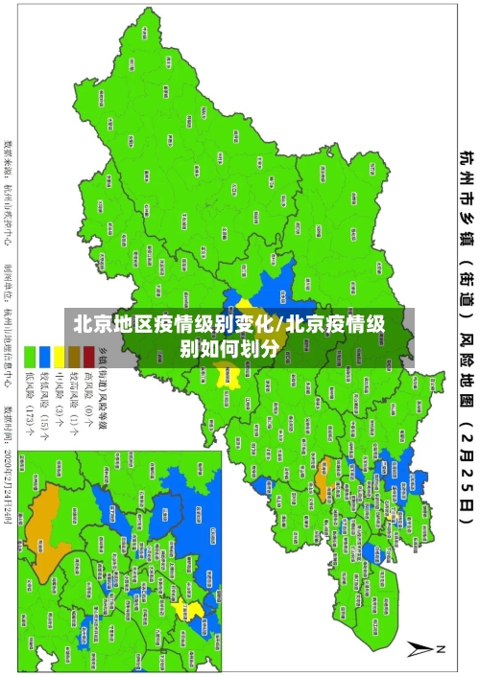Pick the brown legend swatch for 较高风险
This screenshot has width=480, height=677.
pyautogui.click(x=74, y=352)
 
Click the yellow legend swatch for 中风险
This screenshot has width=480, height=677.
pyautogui.click(x=60, y=352)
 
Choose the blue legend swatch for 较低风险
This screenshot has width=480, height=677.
pyautogui.click(x=44, y=352)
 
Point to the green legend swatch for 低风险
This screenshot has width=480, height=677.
pyautogui.click(x=30, y=352)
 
